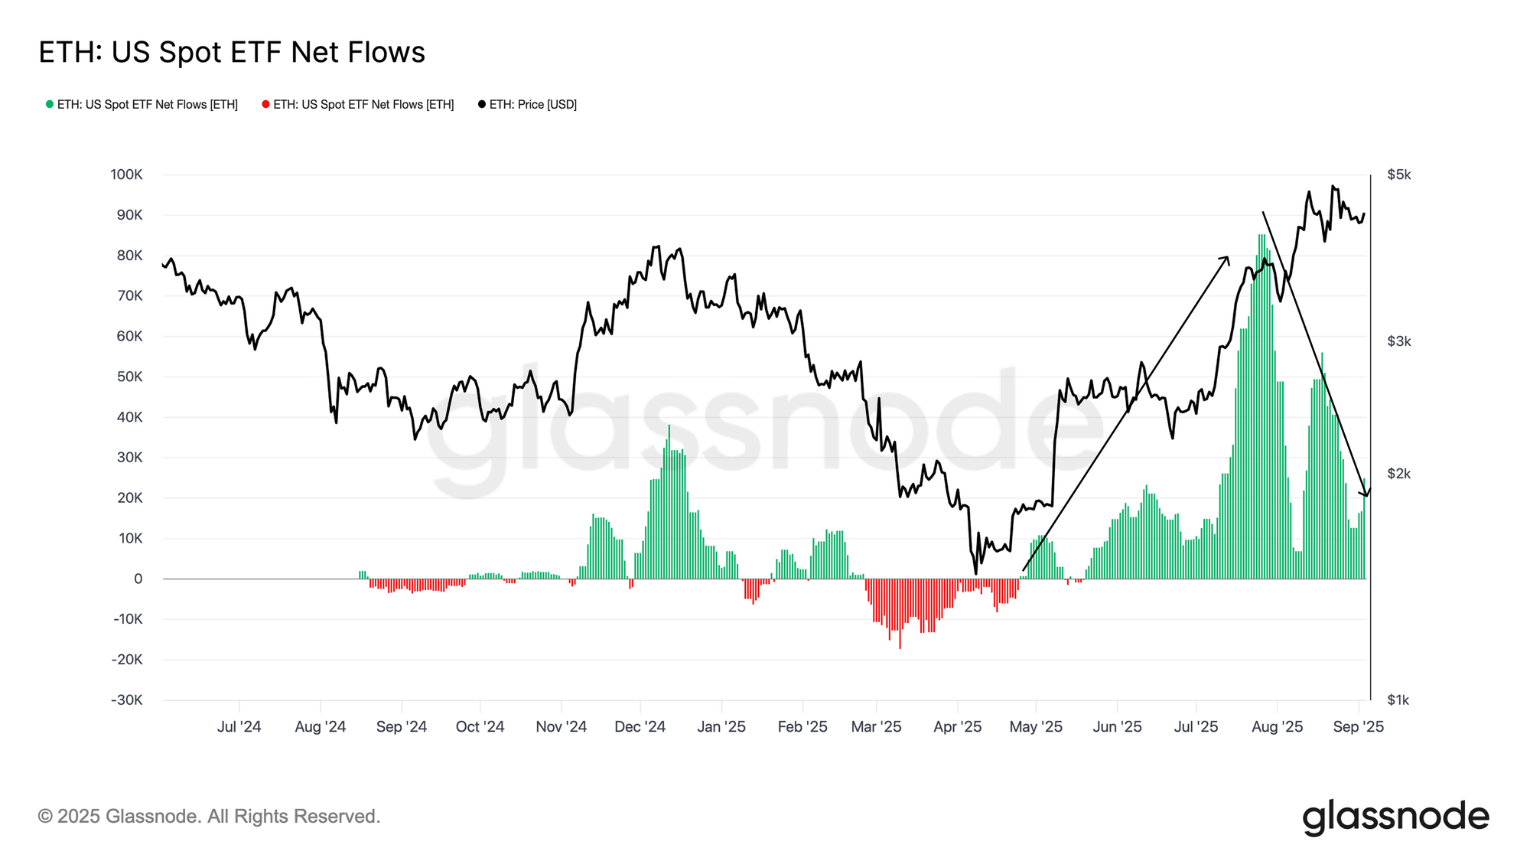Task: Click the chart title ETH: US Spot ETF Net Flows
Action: tap(232, 53)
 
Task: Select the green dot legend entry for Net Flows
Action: tap(142, 105)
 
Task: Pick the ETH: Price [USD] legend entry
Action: tap(528, 105)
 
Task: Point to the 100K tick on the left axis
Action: tap(126, 174)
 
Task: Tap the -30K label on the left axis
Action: tap(126, 700)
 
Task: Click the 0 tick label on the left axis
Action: tap(138, 579)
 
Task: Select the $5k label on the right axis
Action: tap(1399, 175)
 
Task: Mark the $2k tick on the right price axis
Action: tap(1399, 474)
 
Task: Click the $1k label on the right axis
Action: tap(1398, 700)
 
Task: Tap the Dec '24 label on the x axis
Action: tap(640, 727)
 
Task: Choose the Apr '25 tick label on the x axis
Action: tap(957, 727)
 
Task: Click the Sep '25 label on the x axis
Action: tap(1358, 727)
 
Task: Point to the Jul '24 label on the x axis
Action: tap(239, 727)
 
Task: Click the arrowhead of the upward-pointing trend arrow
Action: tap(1226, 259)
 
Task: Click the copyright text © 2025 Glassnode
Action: tap(209, 817)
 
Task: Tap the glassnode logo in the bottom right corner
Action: tap(1395, 817)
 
